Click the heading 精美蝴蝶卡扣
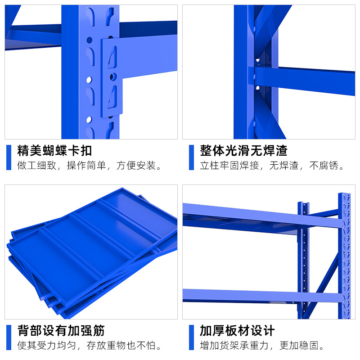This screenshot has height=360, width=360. point(54,150)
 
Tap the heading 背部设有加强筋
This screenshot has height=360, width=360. point(61,331)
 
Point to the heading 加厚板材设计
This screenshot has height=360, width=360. point(237,331)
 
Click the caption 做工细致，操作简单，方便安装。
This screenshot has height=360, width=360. point(90,166)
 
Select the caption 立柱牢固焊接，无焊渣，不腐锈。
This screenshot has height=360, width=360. point(273,166)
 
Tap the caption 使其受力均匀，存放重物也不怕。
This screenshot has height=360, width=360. point(90,346)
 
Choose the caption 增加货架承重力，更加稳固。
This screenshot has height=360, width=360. point(263,346)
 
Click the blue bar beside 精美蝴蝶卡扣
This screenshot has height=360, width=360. point(9,157)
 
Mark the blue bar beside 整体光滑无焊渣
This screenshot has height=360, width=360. point(191,157)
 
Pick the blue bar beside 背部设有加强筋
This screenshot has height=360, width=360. point(9,337)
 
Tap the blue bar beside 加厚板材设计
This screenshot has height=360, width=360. point(191,337)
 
